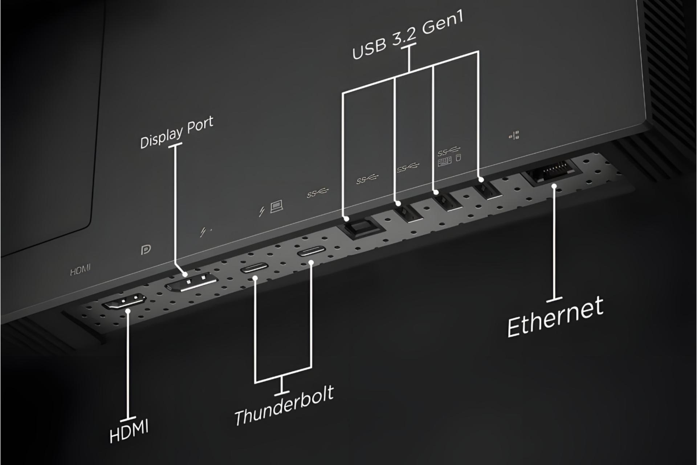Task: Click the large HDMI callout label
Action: pos(129,430)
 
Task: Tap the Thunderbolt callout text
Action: pos(284,406)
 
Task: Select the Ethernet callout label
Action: pos(555,316)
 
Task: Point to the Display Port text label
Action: pos(177,133)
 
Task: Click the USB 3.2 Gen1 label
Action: pos(408,36)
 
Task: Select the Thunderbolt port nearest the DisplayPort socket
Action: pos(254,268)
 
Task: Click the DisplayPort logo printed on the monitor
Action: pos(146,250)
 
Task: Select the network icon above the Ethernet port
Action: pos(514,136)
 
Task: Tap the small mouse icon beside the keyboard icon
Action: pos(458,158)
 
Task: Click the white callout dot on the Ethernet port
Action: pos(554,186)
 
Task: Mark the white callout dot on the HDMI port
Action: pos(128,311)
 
